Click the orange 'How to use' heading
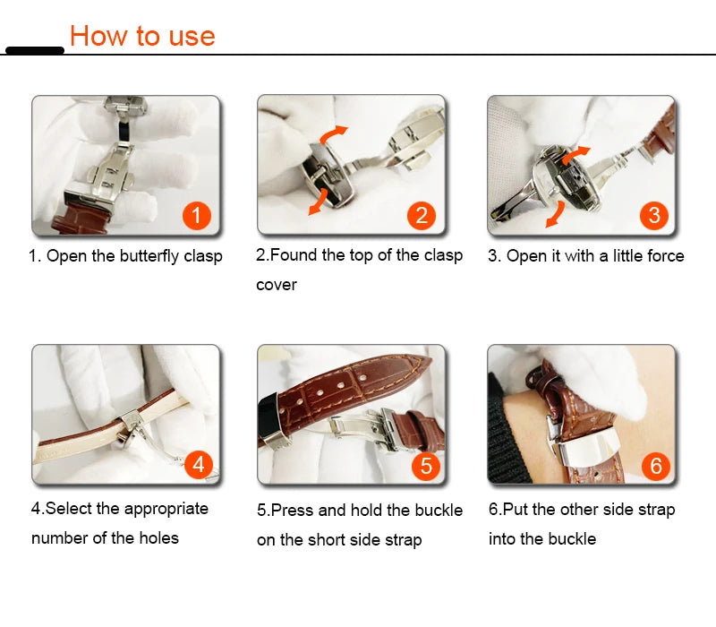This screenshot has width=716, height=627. click(142, 36)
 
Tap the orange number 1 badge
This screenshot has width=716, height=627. click(196, 215)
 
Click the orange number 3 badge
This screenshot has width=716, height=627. click(653, 215)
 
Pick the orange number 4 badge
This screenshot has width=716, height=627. click(198, 464)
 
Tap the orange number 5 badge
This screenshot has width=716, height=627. click(425, 465)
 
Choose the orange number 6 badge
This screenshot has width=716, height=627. click(655, 465)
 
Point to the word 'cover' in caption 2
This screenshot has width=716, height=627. click(277, 285)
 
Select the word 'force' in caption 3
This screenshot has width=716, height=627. click(663, 256)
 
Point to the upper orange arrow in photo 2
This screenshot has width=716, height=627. click(335, 134)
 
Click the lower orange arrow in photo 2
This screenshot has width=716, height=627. click(317, 204)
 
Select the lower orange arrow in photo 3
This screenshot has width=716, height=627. click(556, 214)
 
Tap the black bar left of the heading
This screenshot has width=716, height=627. click(34, 50)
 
